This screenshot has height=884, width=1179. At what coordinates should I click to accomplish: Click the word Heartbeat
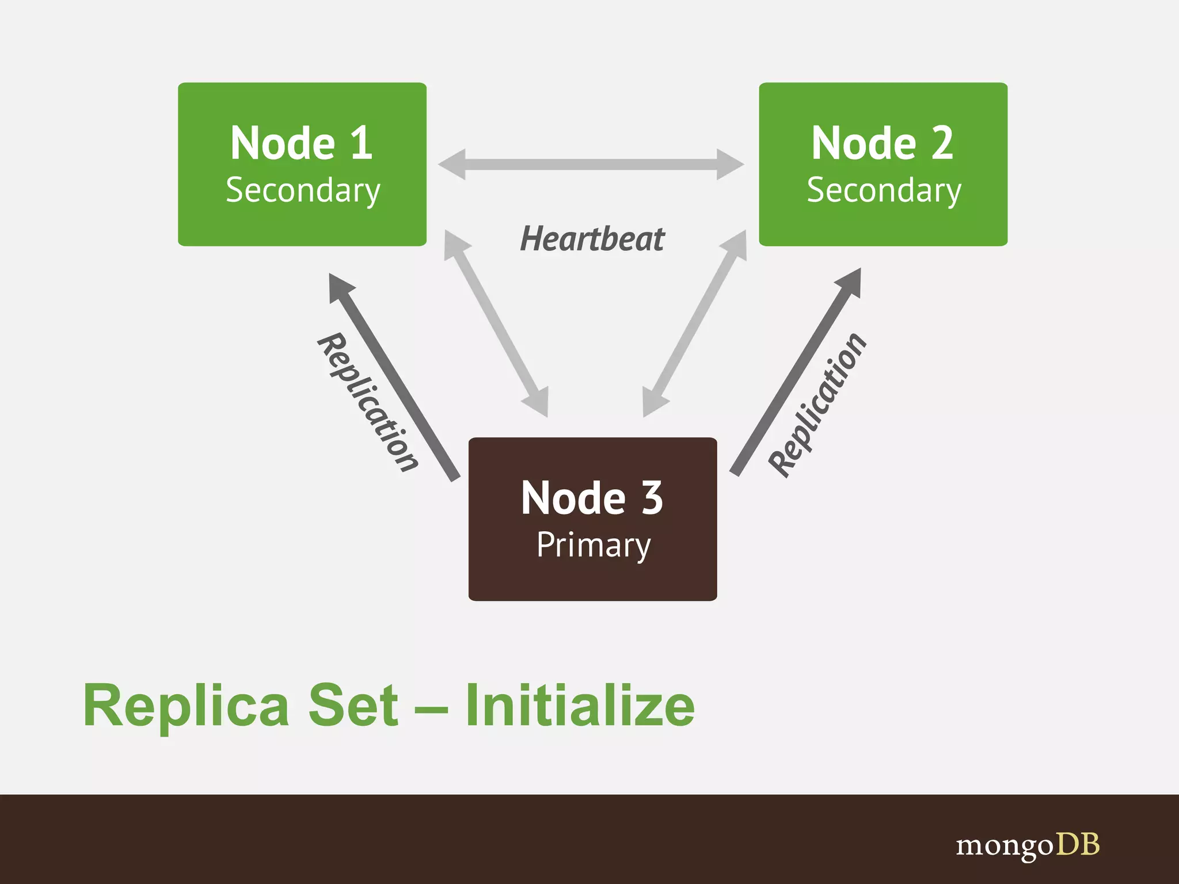(592, 239)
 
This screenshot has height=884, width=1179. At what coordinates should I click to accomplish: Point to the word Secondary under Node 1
(303, 190)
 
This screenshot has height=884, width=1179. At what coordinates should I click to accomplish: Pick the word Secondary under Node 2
(884, 190)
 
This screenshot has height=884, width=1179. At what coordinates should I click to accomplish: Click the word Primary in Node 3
(594, 544)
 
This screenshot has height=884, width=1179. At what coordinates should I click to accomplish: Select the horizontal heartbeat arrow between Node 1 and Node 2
(591, 165)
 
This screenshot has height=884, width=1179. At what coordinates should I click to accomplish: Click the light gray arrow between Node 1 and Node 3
(496, 323)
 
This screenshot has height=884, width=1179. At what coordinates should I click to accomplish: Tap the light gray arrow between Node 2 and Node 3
(695, 323)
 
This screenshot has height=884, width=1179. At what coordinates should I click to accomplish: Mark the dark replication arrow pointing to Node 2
(796, 372)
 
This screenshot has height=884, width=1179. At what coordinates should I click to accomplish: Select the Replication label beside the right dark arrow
(818, 405)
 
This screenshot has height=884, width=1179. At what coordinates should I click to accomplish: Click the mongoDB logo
(1028, 845)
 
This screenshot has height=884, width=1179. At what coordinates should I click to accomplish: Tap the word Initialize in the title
(580, 706)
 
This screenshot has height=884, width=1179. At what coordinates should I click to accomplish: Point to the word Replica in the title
(186, 706)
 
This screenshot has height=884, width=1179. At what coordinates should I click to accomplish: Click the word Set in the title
(353, 706)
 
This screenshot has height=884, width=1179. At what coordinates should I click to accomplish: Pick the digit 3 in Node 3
(652, 498)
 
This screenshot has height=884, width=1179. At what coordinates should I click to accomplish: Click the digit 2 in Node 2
(942, 143)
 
